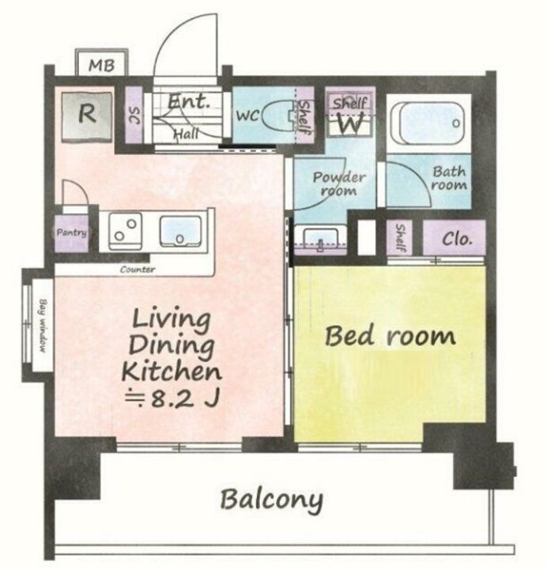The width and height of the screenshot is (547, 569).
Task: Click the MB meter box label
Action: point(102,66)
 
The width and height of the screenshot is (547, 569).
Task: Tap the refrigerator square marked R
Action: point(87,115)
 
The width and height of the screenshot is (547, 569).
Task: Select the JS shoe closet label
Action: point(134,115)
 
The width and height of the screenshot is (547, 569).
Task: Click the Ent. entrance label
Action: point(188,101)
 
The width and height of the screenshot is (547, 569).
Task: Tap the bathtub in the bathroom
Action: point(428,123)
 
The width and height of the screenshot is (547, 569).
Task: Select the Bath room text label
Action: point(449,178)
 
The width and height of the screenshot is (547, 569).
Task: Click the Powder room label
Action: point(338,184)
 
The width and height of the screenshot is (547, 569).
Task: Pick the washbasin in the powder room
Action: point(320,239)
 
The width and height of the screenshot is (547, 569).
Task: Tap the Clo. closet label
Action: point(458,239)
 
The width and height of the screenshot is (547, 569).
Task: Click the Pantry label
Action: point(71,232)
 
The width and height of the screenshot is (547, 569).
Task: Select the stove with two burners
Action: point(125,231)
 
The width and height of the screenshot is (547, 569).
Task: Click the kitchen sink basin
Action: point(180,231)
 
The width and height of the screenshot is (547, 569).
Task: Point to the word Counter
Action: point(138,269)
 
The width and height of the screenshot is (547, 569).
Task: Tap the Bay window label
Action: point(43,326)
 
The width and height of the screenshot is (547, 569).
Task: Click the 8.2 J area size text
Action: point(172,399)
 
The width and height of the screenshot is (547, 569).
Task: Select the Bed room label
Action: point(390,337)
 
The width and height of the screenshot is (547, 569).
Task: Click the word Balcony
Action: point(271,500)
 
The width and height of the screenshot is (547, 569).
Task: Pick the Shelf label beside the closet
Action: point(400,237)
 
